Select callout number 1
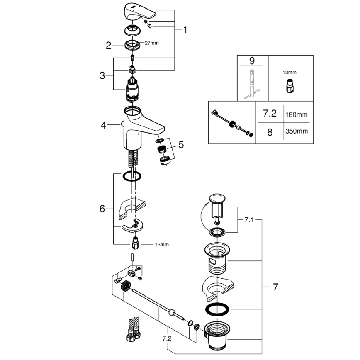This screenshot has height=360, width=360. click(x=185, y=30)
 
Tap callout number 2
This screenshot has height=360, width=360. click(x=108, y=46)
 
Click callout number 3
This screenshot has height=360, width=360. click(x=102, y=75)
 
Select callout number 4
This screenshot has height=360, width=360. click(x=103, y=124)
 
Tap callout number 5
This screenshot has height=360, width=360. click(x=181, y=145)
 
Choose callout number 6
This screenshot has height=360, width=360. click(x=102, y=209)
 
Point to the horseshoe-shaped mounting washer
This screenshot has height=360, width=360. click(x=132, y=226)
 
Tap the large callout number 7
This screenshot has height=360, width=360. click(x=275, y=287)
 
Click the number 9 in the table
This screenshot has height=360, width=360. click(x=251, y=61)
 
